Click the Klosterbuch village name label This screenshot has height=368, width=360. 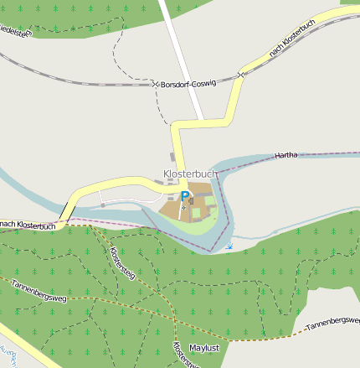190,174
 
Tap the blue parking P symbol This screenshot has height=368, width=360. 185,195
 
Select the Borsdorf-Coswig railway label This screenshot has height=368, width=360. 188,84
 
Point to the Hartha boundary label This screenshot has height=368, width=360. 285,157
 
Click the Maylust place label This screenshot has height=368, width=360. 204,347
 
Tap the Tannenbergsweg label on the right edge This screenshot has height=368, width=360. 333,324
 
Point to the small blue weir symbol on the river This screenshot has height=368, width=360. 230,246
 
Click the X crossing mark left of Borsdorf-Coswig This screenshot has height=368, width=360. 155,84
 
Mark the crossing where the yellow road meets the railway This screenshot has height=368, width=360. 240,75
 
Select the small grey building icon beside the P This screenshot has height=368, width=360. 192,200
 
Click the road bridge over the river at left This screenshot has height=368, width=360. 65,208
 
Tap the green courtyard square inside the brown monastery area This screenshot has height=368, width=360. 198,213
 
